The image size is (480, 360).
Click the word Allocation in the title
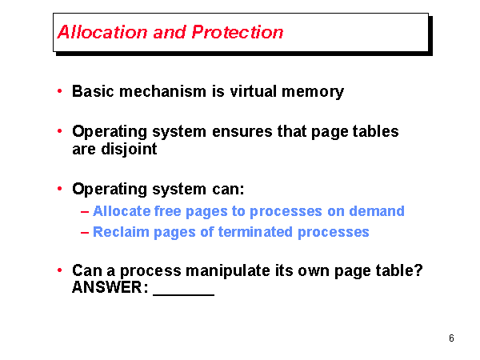pyautogui.click(x=102, y=32)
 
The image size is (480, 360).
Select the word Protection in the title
pyautogui.click(x=238, y=32)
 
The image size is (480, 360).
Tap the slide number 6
pyautogui.click(x=451, y=338)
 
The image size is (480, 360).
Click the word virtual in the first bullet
pyautogui.click(x=254, y=91)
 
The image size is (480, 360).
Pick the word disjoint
pyautogui.click(x=129, y=150)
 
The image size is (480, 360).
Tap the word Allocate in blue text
pyautogui.click(x=122, y=211)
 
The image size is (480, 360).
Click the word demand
pyautogui.click(x=377, y=211)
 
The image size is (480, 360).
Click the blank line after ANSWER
pyautogui.click(x=184, y=295)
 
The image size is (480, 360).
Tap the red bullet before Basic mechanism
pyautogui.click(x=60, y=91)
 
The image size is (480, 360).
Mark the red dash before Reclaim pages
pyautogui.click(x=85, y=233)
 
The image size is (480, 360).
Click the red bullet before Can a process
pyautogui.click(x=60, y=270)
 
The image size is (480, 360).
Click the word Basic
pyautogui.click(x=93, y=91)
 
